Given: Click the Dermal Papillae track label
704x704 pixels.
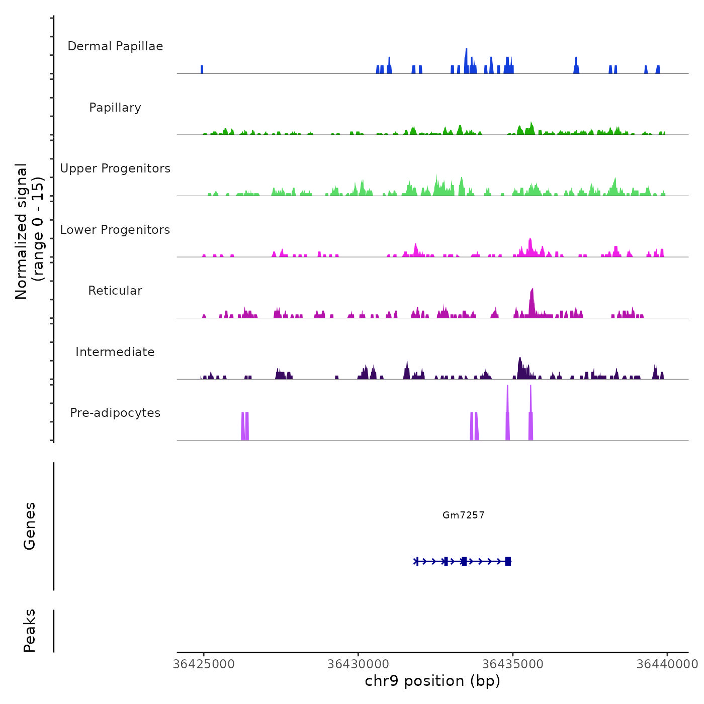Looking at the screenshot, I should [x=115, y=46].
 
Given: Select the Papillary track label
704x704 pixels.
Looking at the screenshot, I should [x=115, y=108].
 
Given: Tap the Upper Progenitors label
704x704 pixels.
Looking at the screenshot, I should [x=115, y=168].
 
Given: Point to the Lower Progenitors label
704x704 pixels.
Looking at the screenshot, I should [x=115, y=230].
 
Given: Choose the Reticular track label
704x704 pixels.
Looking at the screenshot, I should [x=115, y=291].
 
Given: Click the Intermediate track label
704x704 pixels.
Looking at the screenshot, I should [x=115, y=352].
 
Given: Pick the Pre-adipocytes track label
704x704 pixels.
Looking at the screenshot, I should [x=115, y=413].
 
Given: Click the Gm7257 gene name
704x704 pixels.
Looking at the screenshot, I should [x=463, y=515].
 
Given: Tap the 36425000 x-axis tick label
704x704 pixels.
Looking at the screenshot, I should [x=204, y=664].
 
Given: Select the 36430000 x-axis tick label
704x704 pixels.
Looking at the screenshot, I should [x=359, y=664].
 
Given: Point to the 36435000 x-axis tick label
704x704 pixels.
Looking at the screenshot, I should [x=513, y=664].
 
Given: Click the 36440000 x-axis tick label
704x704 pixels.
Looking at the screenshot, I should [x=667, y=664].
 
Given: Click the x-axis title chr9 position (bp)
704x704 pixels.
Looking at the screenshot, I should [x=432, y=681].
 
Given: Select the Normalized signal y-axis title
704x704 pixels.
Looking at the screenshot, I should [x=29, y=231].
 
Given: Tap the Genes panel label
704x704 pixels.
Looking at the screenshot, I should [x=30, y=526].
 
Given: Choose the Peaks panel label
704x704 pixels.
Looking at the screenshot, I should [x=30, y=631].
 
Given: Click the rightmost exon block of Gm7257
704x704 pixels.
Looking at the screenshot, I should [x=508, y=561].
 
